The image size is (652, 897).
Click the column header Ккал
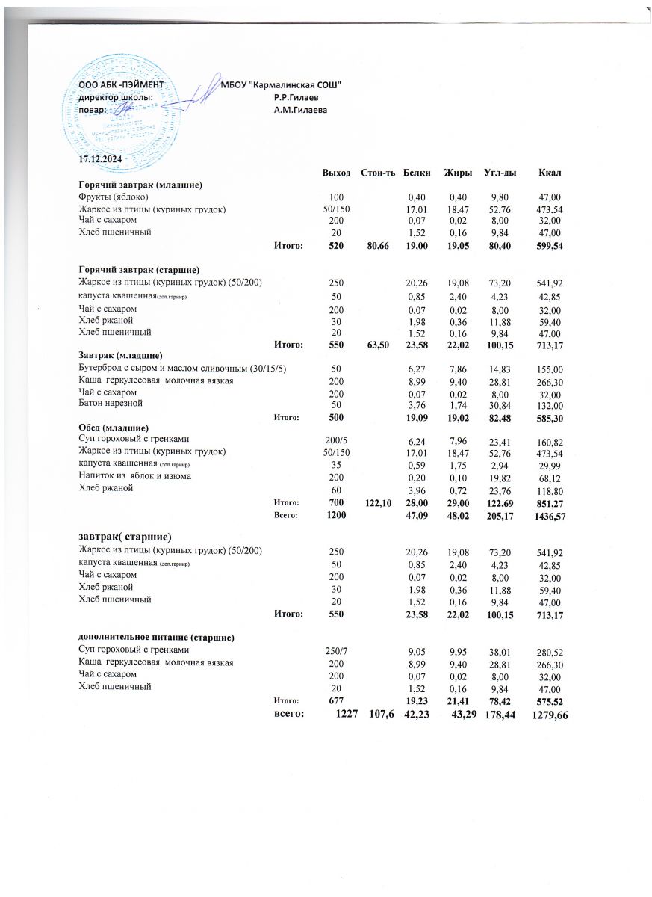pyautogui.click(x=550, y=173)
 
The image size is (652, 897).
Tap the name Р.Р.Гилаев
pyautogui.click(x=297, y=98)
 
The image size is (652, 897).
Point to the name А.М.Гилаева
pyautogui.click(x=301, y=111)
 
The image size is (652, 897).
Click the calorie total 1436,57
pyautogui.click(x=549, y=517)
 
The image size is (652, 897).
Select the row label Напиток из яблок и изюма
pyautogui.click(x=135, y=475)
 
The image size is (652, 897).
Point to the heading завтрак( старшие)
pyautogui.click(x=125, y=537)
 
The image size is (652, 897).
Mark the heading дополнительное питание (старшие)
pyautogui.click(x=157, y=637)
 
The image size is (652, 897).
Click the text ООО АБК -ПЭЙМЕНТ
pyautogui.click(x=121, y=85)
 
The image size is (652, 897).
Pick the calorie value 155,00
pyautogui.click(x=549, y=369)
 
